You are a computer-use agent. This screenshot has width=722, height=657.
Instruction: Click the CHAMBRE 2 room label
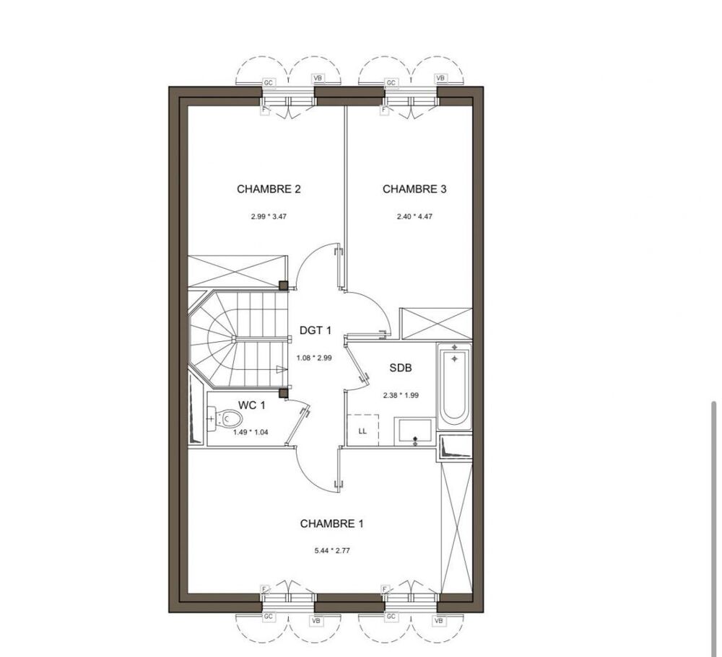269,190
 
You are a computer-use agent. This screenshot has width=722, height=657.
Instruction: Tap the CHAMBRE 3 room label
414,190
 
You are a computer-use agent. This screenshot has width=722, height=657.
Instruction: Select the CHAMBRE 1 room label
331,524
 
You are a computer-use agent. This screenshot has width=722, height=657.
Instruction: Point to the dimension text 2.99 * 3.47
269,216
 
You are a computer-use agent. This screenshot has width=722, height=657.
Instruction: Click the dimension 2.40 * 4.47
414,216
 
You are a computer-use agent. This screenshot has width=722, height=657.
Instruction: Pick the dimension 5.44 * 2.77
331,550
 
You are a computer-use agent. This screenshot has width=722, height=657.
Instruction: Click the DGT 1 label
315,331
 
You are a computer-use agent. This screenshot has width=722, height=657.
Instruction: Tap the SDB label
401,368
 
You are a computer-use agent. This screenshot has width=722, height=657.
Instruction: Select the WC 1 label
252,405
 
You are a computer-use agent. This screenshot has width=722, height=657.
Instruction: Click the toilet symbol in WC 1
225,419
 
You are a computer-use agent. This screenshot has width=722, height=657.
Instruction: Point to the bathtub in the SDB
455,387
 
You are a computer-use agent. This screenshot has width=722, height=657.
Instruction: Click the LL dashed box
363,431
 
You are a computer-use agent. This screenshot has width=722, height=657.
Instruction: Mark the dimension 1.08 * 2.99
315,357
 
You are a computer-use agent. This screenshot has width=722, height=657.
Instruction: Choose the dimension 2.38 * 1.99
401,394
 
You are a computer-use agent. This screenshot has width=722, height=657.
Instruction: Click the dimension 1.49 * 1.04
250,432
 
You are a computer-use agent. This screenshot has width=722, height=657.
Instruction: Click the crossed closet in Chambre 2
238,271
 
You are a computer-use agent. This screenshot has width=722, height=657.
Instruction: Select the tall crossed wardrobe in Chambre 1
456,526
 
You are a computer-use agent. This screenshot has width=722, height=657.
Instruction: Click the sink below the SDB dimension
414,431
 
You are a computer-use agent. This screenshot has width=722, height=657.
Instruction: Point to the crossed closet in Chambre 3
435,324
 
